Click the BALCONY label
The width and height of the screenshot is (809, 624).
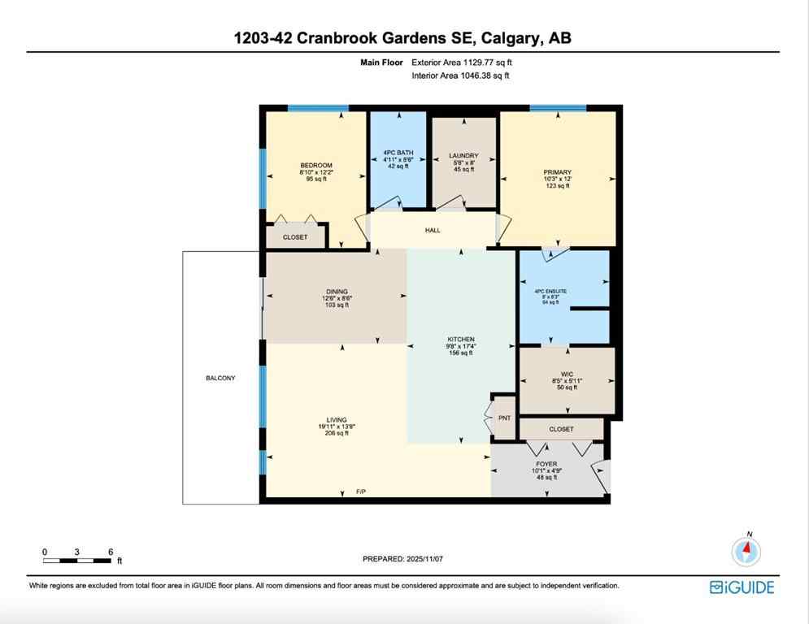(x=220, y=378)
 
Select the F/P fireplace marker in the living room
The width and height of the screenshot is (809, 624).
(x=361, y=492)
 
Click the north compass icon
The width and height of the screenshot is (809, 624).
(x=746, y=552)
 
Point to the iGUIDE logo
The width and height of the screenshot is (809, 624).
(x=742, y=587)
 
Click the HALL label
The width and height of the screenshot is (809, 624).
(x=433, y=231)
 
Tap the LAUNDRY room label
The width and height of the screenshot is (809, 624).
(x=463, y=155)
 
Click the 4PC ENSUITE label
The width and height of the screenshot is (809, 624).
(x=550, y=291)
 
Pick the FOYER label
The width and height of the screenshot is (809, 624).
(x=546, y=464)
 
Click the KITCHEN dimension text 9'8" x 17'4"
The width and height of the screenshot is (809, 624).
(x=461, y=346)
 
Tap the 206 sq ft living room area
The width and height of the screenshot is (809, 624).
(x=336, y=433)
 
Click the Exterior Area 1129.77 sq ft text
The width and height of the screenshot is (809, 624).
(x=462, y=62)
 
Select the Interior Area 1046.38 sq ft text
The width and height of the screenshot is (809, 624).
(x=460, y=76)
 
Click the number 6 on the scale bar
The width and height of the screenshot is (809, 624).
(x=111, y=552)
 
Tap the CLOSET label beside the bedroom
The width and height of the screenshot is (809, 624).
(x=295, y=237)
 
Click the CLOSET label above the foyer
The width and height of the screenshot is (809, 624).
(x=561, y=429)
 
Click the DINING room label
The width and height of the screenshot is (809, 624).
(x=337, y=292)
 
